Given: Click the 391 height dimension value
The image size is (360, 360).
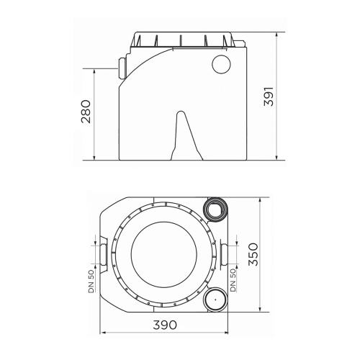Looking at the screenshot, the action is pos(269,96).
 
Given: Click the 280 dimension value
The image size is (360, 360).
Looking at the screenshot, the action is pos(86,112).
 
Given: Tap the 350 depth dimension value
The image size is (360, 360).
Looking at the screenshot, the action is pos(253,254).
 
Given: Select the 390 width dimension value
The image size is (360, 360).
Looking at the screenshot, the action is pos(165,325).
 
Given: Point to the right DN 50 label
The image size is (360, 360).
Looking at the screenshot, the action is pos(233,280).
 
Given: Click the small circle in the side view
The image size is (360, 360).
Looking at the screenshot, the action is pos(221,64).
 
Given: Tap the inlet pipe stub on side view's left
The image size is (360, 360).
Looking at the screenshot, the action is pos(122,68).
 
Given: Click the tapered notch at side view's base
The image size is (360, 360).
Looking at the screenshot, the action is pos(186,135).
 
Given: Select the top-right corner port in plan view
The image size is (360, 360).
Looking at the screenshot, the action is pos(215,210).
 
